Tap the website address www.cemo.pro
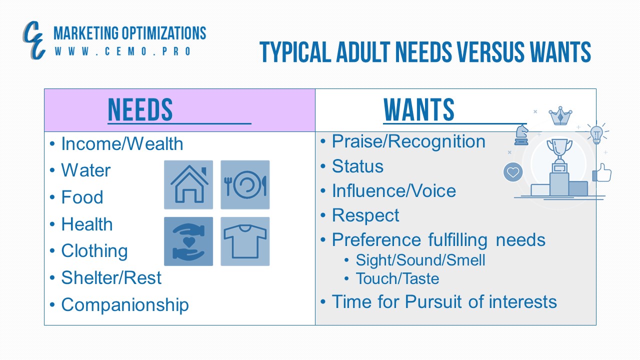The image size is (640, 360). click(x=122, y=51)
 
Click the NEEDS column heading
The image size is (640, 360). click(x=140, y=109)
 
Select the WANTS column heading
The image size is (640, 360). click(x=419, y=109)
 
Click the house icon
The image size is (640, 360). click(x=188, y=184)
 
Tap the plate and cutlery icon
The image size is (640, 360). click(x=245, y=184)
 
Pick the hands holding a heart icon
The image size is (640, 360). click(x=188, y=241)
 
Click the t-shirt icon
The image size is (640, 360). click(x=245, y=241)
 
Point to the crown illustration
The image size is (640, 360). click(x=560, y=115)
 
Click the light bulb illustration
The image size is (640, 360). click(x=596, y=134)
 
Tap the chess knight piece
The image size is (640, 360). click(x=521, y=134)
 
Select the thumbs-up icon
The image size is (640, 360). click(x=602, y=172)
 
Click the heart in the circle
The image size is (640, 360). click(x=513, y=172)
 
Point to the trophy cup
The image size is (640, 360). click(x=559, y=149)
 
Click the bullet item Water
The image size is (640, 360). click(x=85, y=170)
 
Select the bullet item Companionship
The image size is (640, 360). click(x=125, y=305)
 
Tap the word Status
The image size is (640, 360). click(x=357, y=166)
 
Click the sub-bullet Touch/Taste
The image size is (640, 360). click(x=397, y=278)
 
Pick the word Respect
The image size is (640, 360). click(x=365, y=215)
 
